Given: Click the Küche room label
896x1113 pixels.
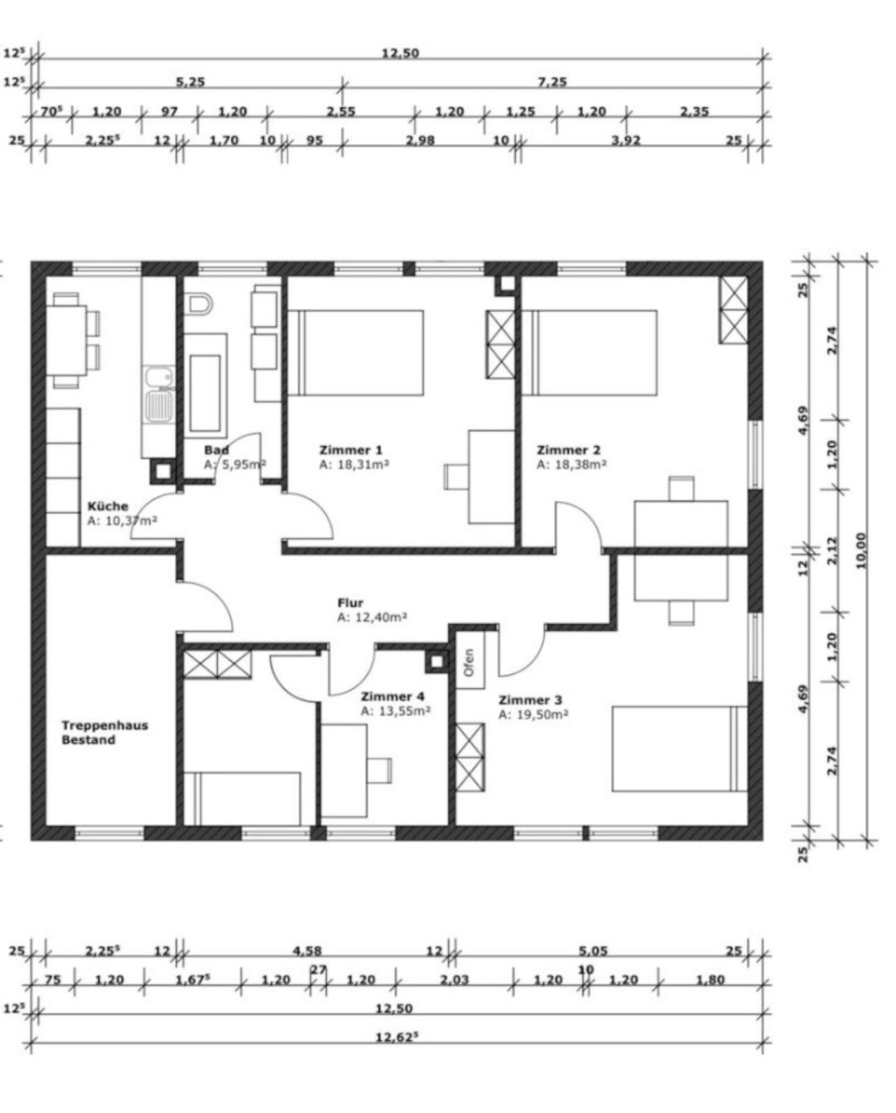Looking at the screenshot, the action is [107, 506].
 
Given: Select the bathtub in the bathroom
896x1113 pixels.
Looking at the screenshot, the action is [206, 386].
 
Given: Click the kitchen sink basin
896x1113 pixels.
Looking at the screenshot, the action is [158, 406].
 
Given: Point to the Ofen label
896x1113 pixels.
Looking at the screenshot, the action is [470, 662].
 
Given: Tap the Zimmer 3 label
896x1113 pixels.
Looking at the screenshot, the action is [529, 700].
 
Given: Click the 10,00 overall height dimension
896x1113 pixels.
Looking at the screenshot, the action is [861, 551].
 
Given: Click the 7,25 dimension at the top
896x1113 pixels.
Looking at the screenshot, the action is [552, 82].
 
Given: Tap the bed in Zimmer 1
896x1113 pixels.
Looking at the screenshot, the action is [356, 353].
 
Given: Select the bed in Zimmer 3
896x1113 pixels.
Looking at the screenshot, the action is [680, 749].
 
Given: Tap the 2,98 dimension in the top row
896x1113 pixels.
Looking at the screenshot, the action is [420, 140].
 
